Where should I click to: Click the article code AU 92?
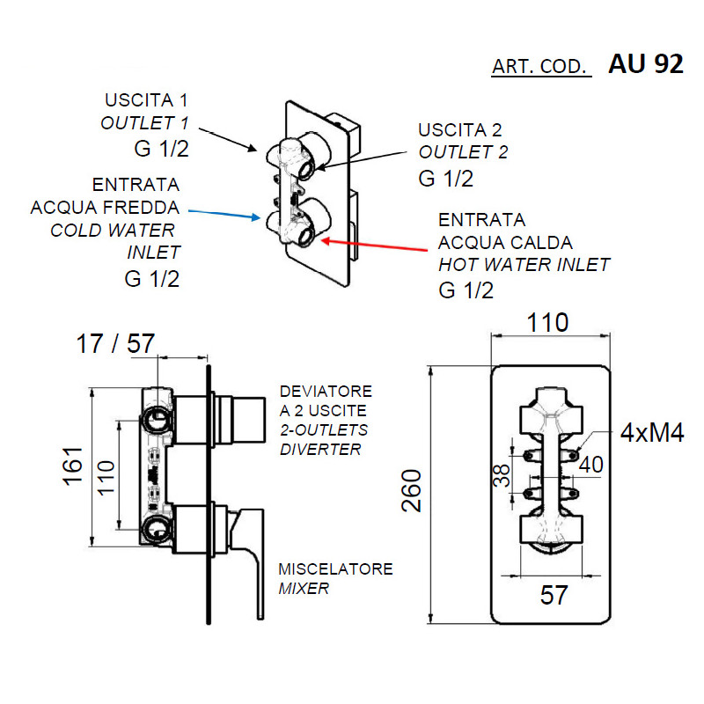[646, 63]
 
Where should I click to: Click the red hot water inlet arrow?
[374, 246]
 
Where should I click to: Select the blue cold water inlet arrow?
[224, 214]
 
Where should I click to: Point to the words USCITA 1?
[146, 100]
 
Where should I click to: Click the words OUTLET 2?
[464, 152]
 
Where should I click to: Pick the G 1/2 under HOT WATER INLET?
[466, 290]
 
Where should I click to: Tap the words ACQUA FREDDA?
[105, 208]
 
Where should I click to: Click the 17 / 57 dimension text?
[115, 344]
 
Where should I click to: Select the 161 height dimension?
[73, 466]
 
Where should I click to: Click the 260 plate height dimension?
[412, 491]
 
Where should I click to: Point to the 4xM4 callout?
[652, 433]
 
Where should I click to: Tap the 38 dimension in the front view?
[502, 475]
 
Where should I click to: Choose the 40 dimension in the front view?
[590, 465]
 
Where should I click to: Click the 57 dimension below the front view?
[554, 596]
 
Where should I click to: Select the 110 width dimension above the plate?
[547, 323]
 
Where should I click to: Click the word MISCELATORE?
[335, 568]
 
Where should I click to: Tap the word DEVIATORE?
[326, 391]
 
